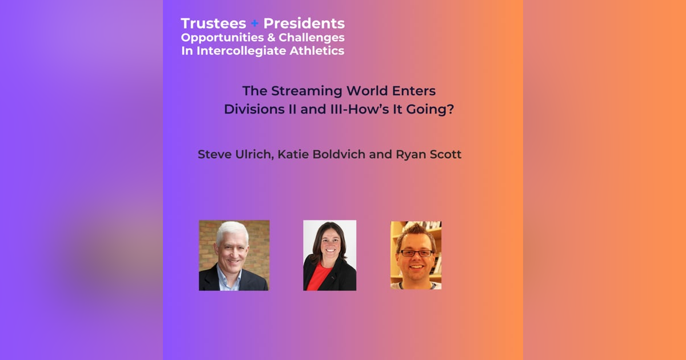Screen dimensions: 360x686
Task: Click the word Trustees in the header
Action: point(213,23)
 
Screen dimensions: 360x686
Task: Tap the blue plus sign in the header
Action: point(255,24)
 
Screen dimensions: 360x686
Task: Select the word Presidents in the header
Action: point(304,23)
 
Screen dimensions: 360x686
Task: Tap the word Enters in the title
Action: point(416,91)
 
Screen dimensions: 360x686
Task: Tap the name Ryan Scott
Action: point(428,155)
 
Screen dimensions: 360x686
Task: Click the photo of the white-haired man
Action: point(234,255)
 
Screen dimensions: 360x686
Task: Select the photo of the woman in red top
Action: point(329,255)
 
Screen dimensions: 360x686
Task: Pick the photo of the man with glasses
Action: point(416,255)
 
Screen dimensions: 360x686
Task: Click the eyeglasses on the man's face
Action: point(415,253)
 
